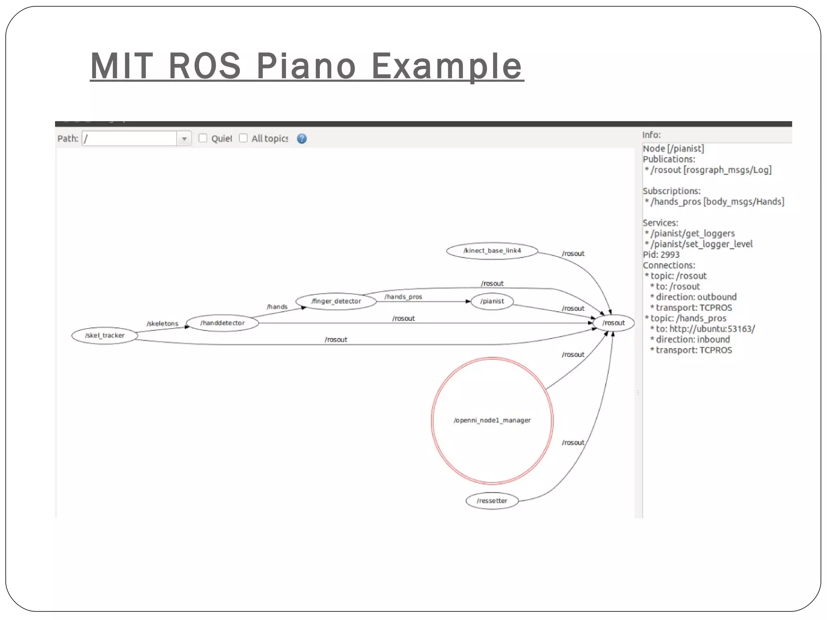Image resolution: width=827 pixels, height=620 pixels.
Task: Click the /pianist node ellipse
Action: pyautogui.click(x=492, y=301)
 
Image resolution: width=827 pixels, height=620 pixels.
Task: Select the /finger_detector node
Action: pyautogui.click(x=336, y=301)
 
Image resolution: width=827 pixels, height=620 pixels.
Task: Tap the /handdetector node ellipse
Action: pyautogui.click(x=222, y=323)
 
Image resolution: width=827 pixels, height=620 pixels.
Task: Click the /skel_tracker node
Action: pyautogui.click(x=105, y=335)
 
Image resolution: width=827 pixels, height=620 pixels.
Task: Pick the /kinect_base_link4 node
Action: pyautogui.click(x=492, y=251)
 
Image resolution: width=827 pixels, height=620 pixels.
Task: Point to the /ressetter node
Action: pyautogui.click(x=492, y=501)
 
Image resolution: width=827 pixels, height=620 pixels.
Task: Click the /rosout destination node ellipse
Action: pyautogui.click(x=613, y=323)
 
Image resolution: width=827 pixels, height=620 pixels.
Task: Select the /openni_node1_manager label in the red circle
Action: pyautogui.click(x=492, y=420)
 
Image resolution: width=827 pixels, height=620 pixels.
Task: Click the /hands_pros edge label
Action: pyautogui.click(x=403, y=297)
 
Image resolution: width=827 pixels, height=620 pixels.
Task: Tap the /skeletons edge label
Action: pyautogui.click(x=162, y=323)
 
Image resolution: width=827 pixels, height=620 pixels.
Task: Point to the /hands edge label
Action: pyautogui.click(x=277, y=307)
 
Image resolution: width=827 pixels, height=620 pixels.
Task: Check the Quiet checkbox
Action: pyautogui.click(x=203, y=138)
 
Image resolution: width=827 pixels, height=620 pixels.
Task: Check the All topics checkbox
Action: pyautogui.click(x=243, y=138)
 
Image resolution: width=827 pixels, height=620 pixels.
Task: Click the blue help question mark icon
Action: pyautogui.click(x=302, y=139)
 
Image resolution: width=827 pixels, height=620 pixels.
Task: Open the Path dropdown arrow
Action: pyautogui.click(x=184, y=139)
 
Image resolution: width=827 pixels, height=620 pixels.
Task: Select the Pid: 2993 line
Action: pyautogui.click(x=661, y=255)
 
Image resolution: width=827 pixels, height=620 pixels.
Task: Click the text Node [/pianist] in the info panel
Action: pyautogui.click(x=673, y=149)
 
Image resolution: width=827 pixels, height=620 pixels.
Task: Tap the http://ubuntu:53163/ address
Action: pyautogui.click(x=712, y=329)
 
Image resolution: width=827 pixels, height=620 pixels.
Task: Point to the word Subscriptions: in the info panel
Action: pyautogui.click(x=671, y=191)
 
